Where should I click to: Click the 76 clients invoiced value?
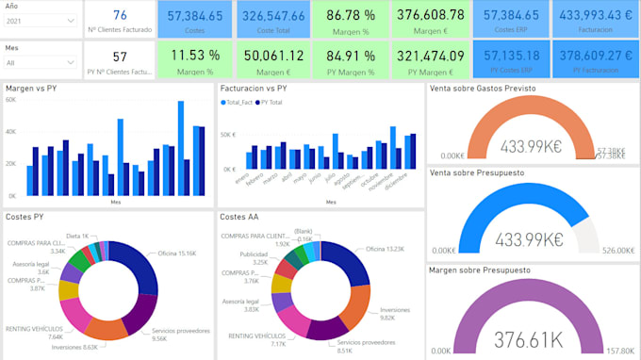120,14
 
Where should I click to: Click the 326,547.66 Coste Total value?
273,16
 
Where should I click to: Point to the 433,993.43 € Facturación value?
596,16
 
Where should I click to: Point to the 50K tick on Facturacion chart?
227,136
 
